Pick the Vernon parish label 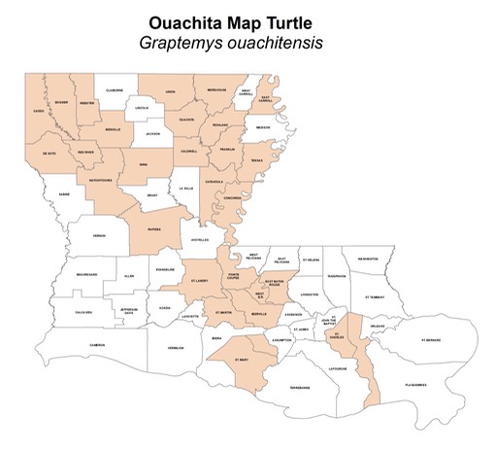pos(98,235)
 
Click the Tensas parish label pos(256,160)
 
